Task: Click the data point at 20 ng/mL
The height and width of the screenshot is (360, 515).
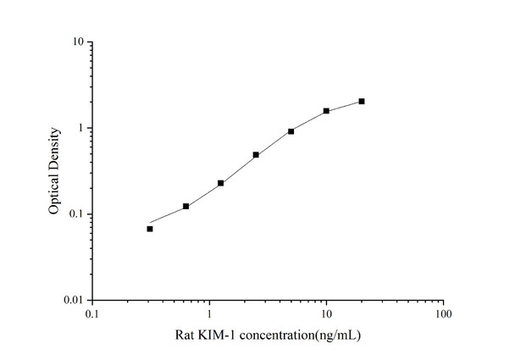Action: coord(362,102)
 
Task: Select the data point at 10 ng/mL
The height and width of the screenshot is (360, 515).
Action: coord(326,111)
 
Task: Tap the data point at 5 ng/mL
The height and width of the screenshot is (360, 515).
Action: coord(291,131)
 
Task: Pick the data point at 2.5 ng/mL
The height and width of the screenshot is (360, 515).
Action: coord(256,155)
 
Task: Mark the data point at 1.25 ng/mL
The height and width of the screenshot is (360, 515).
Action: coord(220,183)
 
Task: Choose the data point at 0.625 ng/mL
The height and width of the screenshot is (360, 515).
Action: coord(186,206)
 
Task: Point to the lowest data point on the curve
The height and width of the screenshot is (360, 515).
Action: coord(150,229)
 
